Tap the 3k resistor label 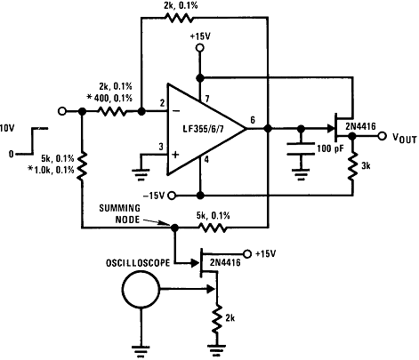tap(366, 165)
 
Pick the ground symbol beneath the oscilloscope tap(140, 348)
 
